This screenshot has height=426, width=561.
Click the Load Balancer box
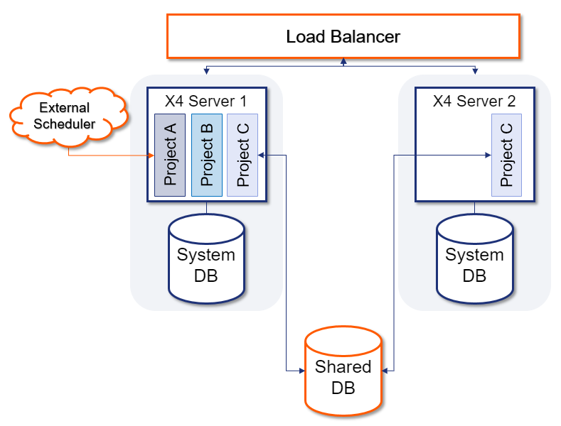pos(343,35)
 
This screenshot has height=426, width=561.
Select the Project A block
pos(170,154)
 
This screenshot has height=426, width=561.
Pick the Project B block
pos(207,154)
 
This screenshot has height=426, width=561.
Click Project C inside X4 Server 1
pos(242,154)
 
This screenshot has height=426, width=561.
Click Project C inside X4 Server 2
pos(506,154)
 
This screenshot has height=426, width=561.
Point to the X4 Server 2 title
pos(474,101)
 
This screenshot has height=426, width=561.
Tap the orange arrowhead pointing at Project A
pos(151,155)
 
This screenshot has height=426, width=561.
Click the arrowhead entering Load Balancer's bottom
pos(343,62)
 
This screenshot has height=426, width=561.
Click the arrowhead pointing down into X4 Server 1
pos(206,71)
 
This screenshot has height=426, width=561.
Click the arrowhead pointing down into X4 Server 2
pos(475,71)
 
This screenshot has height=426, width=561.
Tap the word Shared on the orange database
pos(343,367)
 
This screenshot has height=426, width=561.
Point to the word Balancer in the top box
pos(367,35)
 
